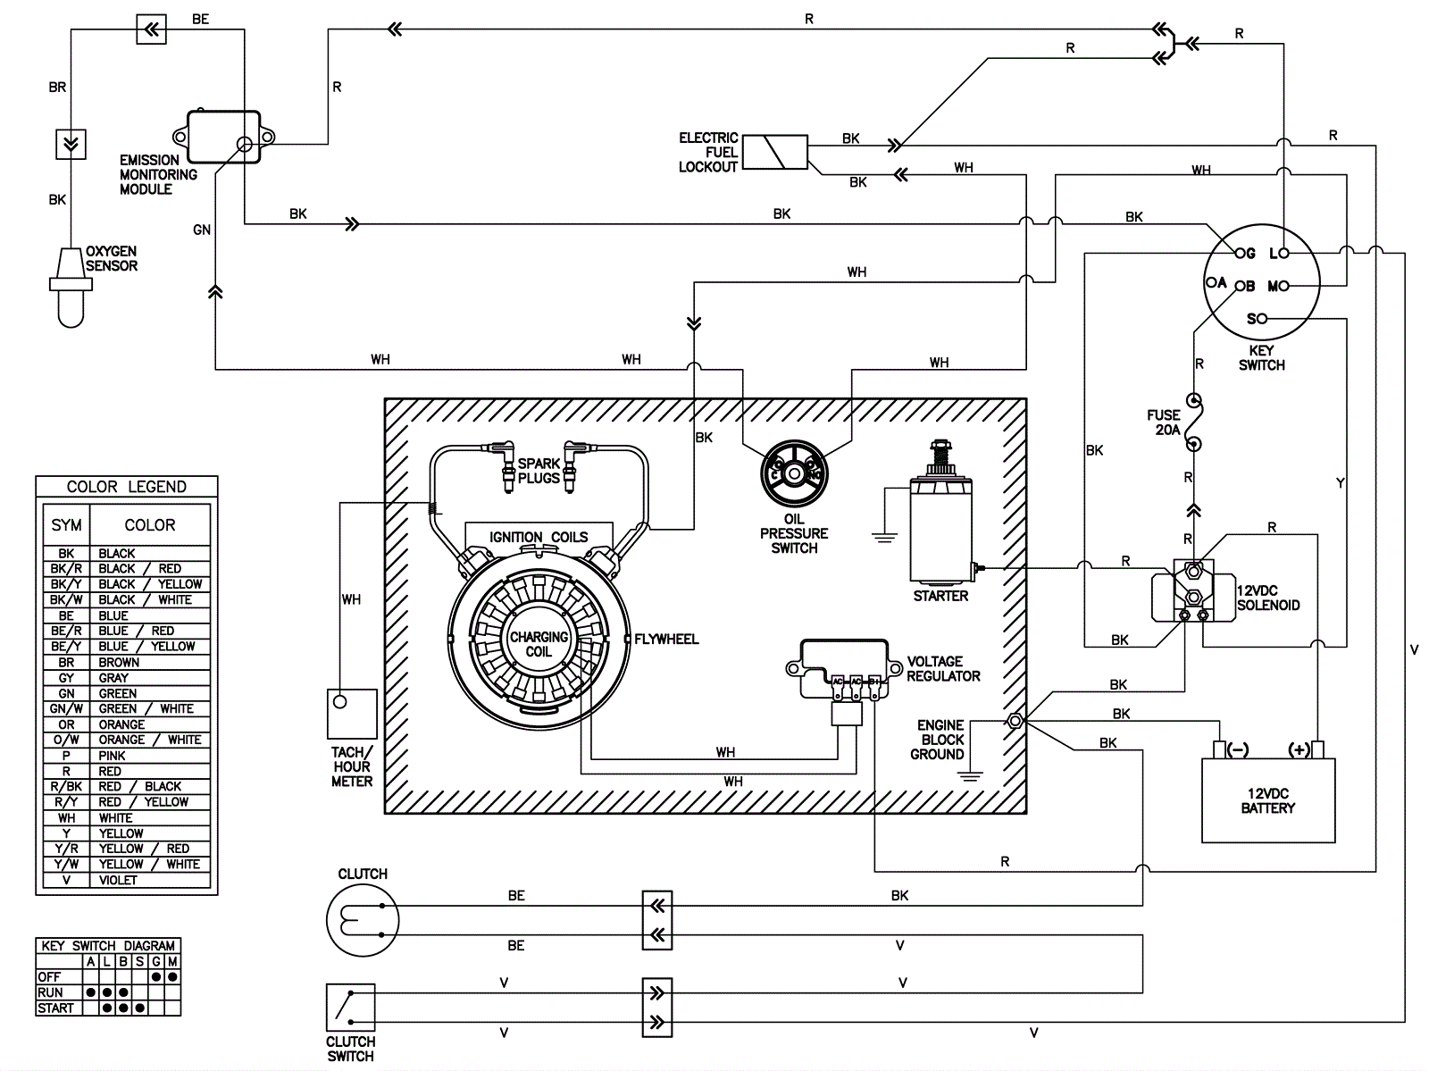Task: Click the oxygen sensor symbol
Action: click(x=71, y=287)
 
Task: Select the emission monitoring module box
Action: click(x=223, y=137)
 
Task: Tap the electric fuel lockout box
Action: click(x=774, y=153)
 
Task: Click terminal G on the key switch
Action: click(x=1241, y=254)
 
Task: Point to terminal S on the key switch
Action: click(x=1261, y=318)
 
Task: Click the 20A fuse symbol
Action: click(x=1194, y=422)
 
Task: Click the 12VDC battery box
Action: click(x=1267, y=800)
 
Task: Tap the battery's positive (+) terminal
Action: click(x=1317, y=749)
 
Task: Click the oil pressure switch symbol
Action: click(x=794, y=473)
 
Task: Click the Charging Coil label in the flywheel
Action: click(x=539, y=644)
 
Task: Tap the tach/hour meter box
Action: click(x=352, y=714)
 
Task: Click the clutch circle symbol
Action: click(x=363, y=920)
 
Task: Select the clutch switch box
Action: click(x=350, y=1008)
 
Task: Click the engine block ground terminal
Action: click(x=1015, y=721)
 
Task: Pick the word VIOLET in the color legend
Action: click(x=118, y=880)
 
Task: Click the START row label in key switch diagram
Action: click(x=55, y=1008)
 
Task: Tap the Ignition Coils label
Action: click(x=539, y=537)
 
